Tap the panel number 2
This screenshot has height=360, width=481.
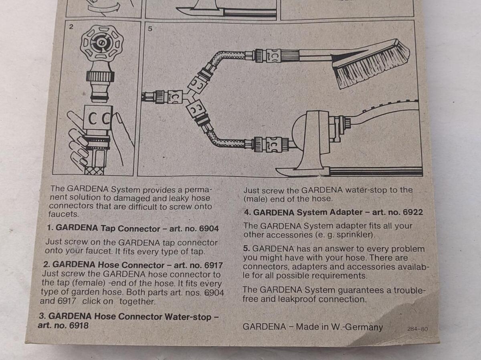[71, 27]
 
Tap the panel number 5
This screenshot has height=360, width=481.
[150, 29]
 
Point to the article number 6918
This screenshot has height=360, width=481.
[79, 326]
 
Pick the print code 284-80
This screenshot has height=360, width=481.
[417, 329]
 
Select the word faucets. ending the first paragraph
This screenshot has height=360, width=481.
[64, 214]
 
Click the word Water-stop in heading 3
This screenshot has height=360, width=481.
[188, 317]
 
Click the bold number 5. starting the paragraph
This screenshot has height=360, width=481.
[246, 248]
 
